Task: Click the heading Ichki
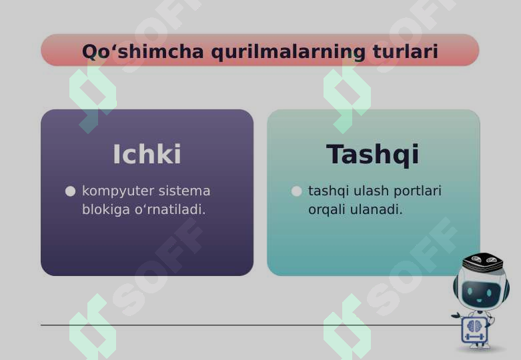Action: coord(147,154)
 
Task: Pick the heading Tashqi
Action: coord(372,154)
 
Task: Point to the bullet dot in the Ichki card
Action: coord(70,191)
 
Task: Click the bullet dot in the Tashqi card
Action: coord(297,191)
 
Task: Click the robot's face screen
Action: coord(480,291)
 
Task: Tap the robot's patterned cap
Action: coord(483,262)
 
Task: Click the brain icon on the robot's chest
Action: coord(475,326)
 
